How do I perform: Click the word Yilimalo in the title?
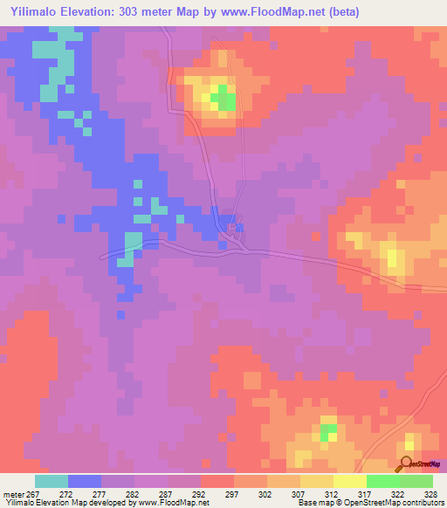click(38, 12)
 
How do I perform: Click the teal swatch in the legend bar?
click(52, 481)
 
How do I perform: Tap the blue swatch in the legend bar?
click(85, 481)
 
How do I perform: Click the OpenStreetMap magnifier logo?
click(407, 464)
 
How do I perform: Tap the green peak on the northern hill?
click(225, 98)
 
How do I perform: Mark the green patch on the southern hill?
click(327, 431)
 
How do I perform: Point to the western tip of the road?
click(102, 257)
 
